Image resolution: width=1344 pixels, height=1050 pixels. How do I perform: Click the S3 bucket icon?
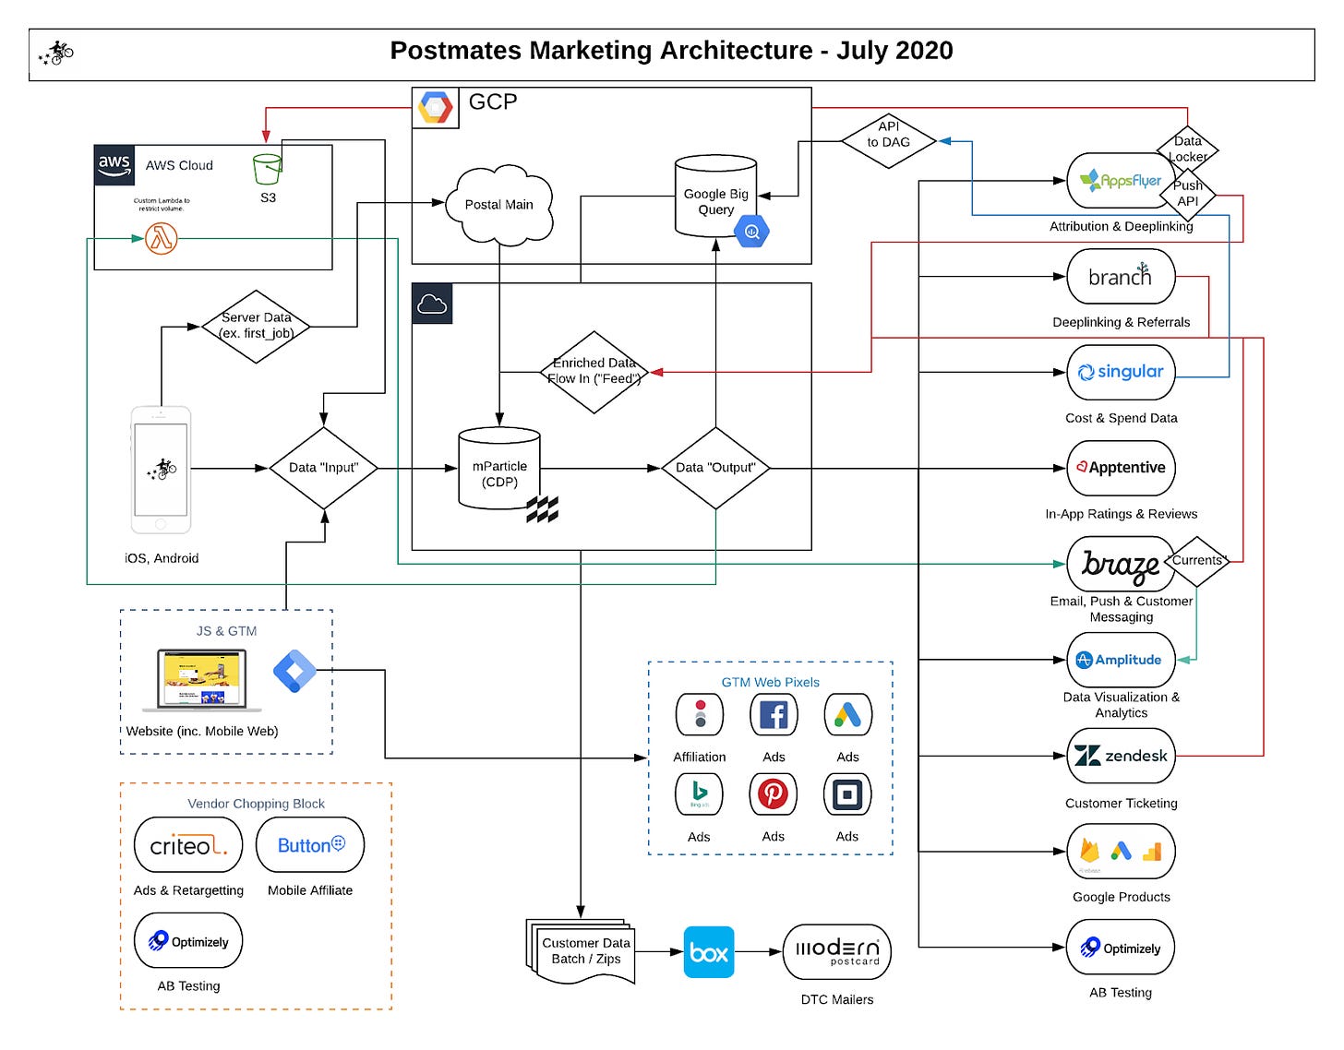[267, 169]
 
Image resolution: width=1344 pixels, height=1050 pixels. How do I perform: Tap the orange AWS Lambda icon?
[162, 239]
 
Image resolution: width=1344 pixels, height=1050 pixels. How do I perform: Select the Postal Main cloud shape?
[498, 205]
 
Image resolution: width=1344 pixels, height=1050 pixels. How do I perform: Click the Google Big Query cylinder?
[716, 197]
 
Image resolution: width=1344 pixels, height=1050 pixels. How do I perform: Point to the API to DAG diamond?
[888, 141]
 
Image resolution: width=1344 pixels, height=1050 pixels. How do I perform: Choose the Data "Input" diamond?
[323, 468]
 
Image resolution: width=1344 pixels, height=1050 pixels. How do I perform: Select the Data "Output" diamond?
[715, 468]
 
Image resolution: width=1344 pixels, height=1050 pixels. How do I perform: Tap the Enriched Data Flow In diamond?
[594, 372]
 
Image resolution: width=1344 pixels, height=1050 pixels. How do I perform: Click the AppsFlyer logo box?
[1121, 181]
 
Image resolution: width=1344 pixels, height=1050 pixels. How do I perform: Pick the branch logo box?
[1121, 277]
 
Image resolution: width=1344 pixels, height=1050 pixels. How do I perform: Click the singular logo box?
[1121, 372]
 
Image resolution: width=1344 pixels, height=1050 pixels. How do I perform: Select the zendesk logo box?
[1121, 756]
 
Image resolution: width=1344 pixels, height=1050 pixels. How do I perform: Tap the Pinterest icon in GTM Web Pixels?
[773, 794]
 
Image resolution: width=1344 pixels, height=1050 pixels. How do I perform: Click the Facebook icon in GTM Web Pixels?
[773, 715]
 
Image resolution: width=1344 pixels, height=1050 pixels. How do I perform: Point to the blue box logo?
[709, 952]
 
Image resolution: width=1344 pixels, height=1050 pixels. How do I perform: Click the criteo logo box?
[187, 845]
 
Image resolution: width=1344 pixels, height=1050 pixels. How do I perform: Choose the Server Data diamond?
[256, 326]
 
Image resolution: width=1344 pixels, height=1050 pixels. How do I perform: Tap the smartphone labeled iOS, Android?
[161, 470]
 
